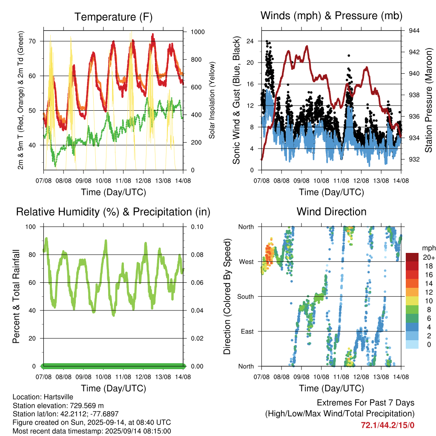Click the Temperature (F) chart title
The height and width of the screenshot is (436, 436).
(113, 17)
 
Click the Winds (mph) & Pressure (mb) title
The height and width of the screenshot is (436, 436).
(331, 16)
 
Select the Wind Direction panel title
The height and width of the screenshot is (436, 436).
(331, 212)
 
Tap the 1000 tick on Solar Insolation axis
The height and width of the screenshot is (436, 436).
(198, 32)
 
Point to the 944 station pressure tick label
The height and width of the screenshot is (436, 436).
(414, 31)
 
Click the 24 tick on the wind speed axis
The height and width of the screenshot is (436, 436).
(250, 41)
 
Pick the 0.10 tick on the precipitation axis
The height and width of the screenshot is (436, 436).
(197, 227)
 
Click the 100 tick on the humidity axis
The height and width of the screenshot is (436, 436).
(31, 227)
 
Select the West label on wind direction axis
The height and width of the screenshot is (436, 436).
(247, 262)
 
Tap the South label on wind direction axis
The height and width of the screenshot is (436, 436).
(246, 297)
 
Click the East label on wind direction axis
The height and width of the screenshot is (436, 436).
(247, 331)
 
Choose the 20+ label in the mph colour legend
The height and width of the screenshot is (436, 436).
(429, 257)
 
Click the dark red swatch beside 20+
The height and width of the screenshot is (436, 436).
(412, 257)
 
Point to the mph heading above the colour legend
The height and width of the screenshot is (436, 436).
(429, 248)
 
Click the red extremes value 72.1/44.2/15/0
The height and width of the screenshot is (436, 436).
(387, 425)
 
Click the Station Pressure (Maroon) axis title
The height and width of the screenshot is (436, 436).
(428, 100)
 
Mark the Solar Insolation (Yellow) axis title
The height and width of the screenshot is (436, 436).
(212, 100)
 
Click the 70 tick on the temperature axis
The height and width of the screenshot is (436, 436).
(32, 41)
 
